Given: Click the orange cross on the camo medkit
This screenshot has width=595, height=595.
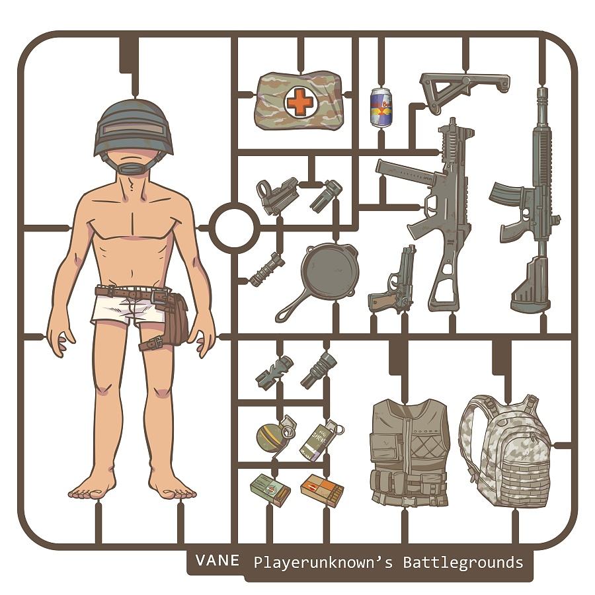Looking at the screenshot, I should pos(299,102).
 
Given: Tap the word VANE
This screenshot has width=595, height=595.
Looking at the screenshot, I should pos(218,561).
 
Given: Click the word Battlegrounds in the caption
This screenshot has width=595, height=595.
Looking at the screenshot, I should pos(463,563).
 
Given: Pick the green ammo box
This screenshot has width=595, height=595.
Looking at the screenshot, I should pos(270,490).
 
